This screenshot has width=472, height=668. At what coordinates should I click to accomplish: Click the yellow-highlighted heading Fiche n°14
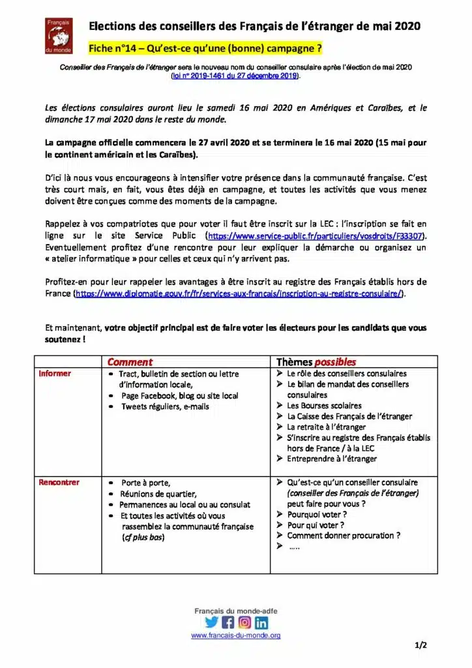pos(205,49)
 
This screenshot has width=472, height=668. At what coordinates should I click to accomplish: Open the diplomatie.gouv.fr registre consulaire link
pos(239,294)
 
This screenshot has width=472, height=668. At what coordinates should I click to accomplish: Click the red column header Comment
pos(130,361)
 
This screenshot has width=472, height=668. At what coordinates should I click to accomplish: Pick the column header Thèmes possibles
pos(316,361)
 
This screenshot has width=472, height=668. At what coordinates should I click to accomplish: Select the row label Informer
pos(55,374)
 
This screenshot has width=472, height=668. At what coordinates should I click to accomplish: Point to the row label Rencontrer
pos(59,483)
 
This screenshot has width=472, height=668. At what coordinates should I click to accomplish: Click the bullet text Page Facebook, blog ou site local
pos(179,396)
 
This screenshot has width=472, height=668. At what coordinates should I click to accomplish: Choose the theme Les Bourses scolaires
pos(320,406)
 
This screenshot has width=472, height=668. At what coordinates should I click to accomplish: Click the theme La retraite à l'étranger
pos(326,427)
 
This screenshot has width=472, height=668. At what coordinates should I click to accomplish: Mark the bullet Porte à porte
pos(145,483)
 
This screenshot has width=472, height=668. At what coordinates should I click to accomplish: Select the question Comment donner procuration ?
pos(344,536)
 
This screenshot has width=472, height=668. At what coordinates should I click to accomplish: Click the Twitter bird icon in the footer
pos(212,622)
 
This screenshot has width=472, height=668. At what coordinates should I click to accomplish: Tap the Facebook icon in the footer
pos(228,622)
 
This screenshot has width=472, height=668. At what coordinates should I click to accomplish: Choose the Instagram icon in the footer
pos(244,622)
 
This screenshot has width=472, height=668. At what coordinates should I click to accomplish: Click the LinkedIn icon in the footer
pos(261,622)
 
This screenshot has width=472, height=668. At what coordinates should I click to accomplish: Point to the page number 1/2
pos(420,646)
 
